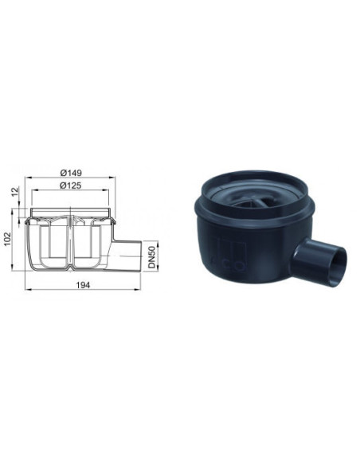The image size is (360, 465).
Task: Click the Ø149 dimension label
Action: point(71,173)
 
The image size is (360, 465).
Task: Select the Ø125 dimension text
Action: point(71,186)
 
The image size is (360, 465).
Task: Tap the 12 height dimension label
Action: point(15,191)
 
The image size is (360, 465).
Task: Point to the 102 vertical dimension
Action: point(7,239)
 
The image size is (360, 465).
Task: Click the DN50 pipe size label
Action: point(152,257)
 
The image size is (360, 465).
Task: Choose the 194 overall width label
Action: point(83,285)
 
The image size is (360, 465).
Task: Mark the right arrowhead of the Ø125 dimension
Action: point(106,190)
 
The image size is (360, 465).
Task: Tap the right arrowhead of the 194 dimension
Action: point(138,289)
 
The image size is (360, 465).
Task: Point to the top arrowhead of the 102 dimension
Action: point(13,211)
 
